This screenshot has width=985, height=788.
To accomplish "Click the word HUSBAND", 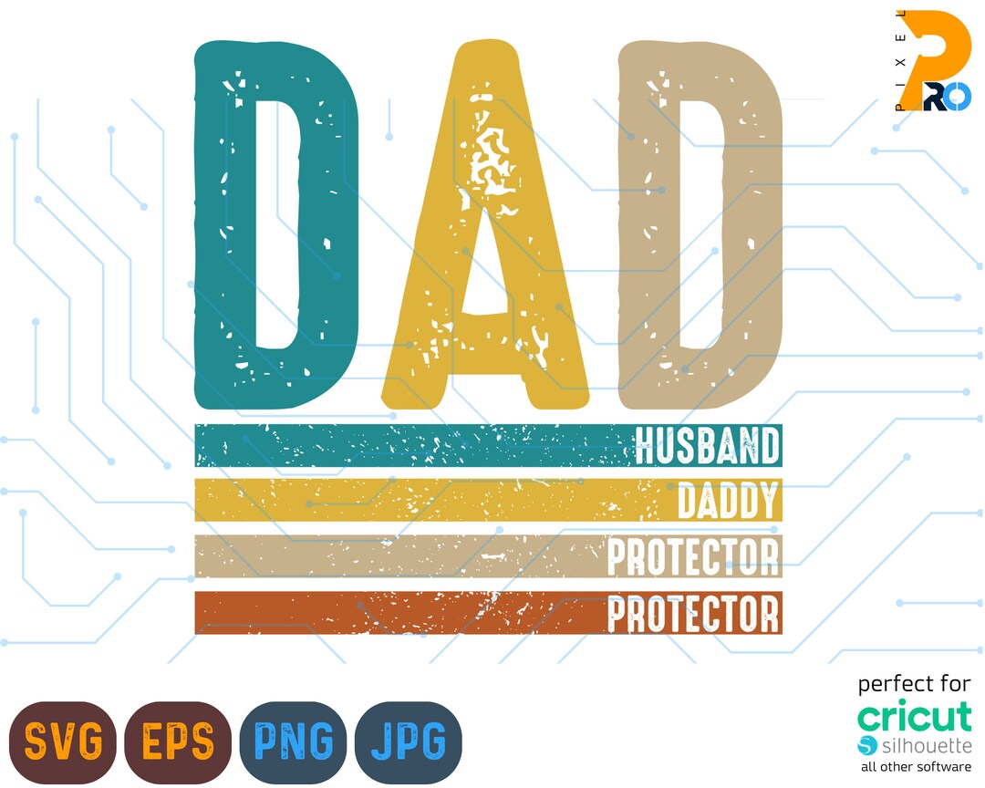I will point(708,446).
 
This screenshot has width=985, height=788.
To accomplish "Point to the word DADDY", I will point(729,501).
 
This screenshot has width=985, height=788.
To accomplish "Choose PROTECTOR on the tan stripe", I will point(693,557).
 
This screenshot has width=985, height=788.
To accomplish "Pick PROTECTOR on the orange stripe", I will point(693,614).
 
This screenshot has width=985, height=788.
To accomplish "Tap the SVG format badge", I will point(62,741).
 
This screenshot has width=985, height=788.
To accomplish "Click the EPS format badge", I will point(177,741).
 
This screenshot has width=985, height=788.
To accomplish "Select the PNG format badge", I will point(292,741).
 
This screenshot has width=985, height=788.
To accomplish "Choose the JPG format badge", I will point(408,741).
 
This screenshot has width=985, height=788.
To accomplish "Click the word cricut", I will point(915,717).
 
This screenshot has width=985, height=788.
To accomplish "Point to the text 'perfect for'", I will point(915,683).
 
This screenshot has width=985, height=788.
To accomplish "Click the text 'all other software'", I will point(915,767).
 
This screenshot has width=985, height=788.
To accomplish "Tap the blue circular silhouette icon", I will point(867,745).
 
